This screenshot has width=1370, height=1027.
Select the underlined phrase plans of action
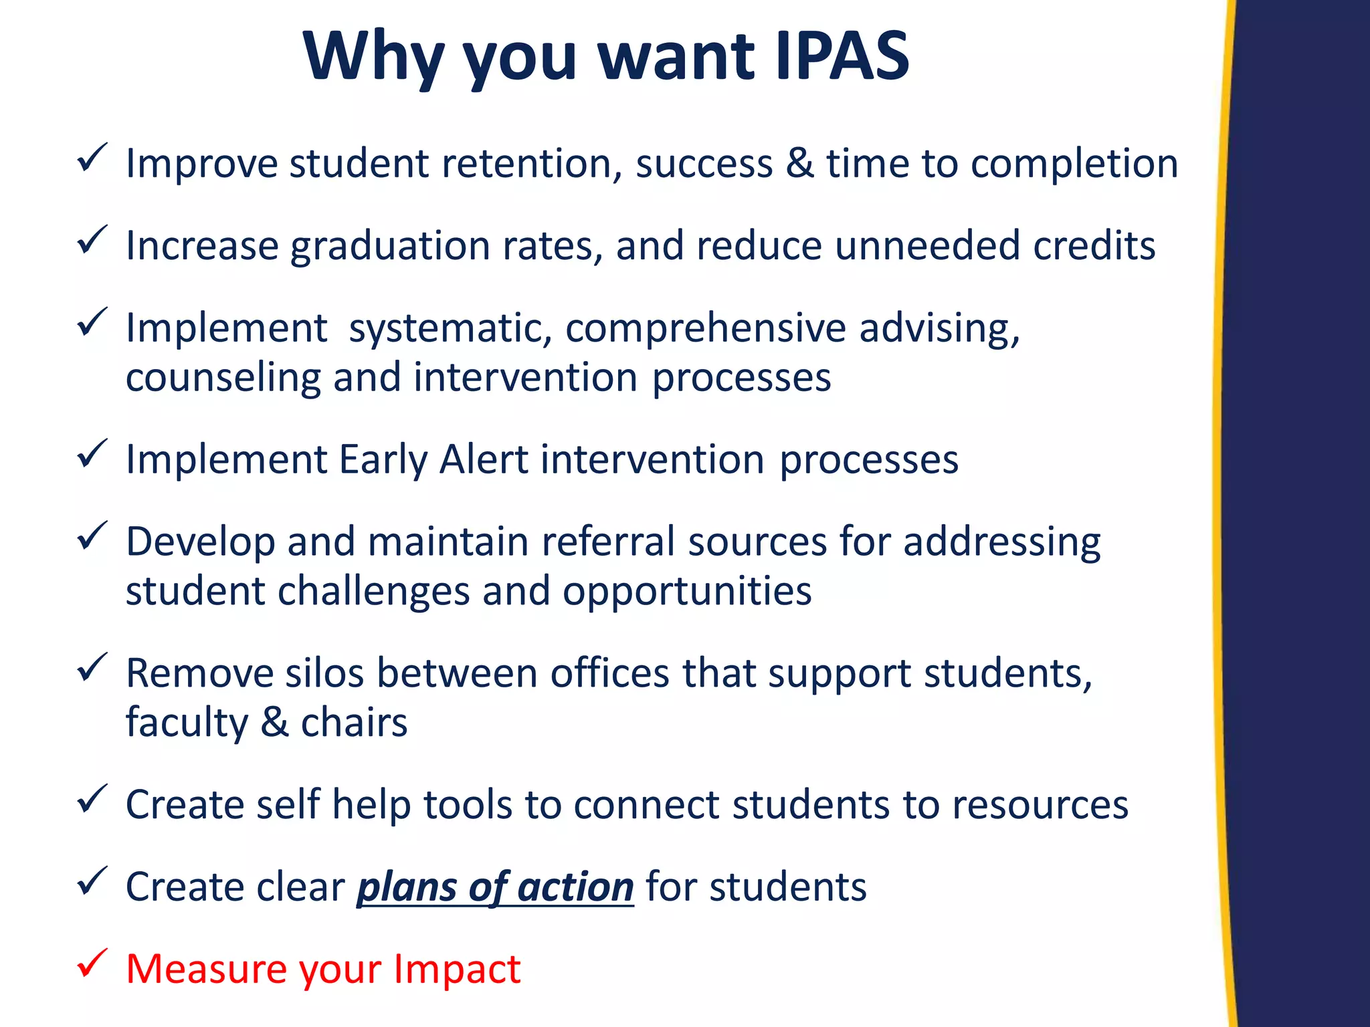(495, 887)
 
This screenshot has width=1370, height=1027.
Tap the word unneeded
(927, 245)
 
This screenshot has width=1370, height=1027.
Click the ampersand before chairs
(274, 722)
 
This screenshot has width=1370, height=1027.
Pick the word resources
(1040, 804)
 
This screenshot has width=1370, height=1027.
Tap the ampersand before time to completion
(800, 164)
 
